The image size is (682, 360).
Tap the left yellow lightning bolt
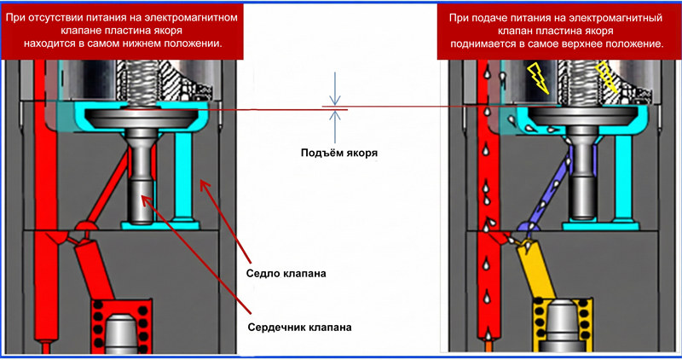point(538,75)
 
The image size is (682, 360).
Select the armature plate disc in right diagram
point(584,114)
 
